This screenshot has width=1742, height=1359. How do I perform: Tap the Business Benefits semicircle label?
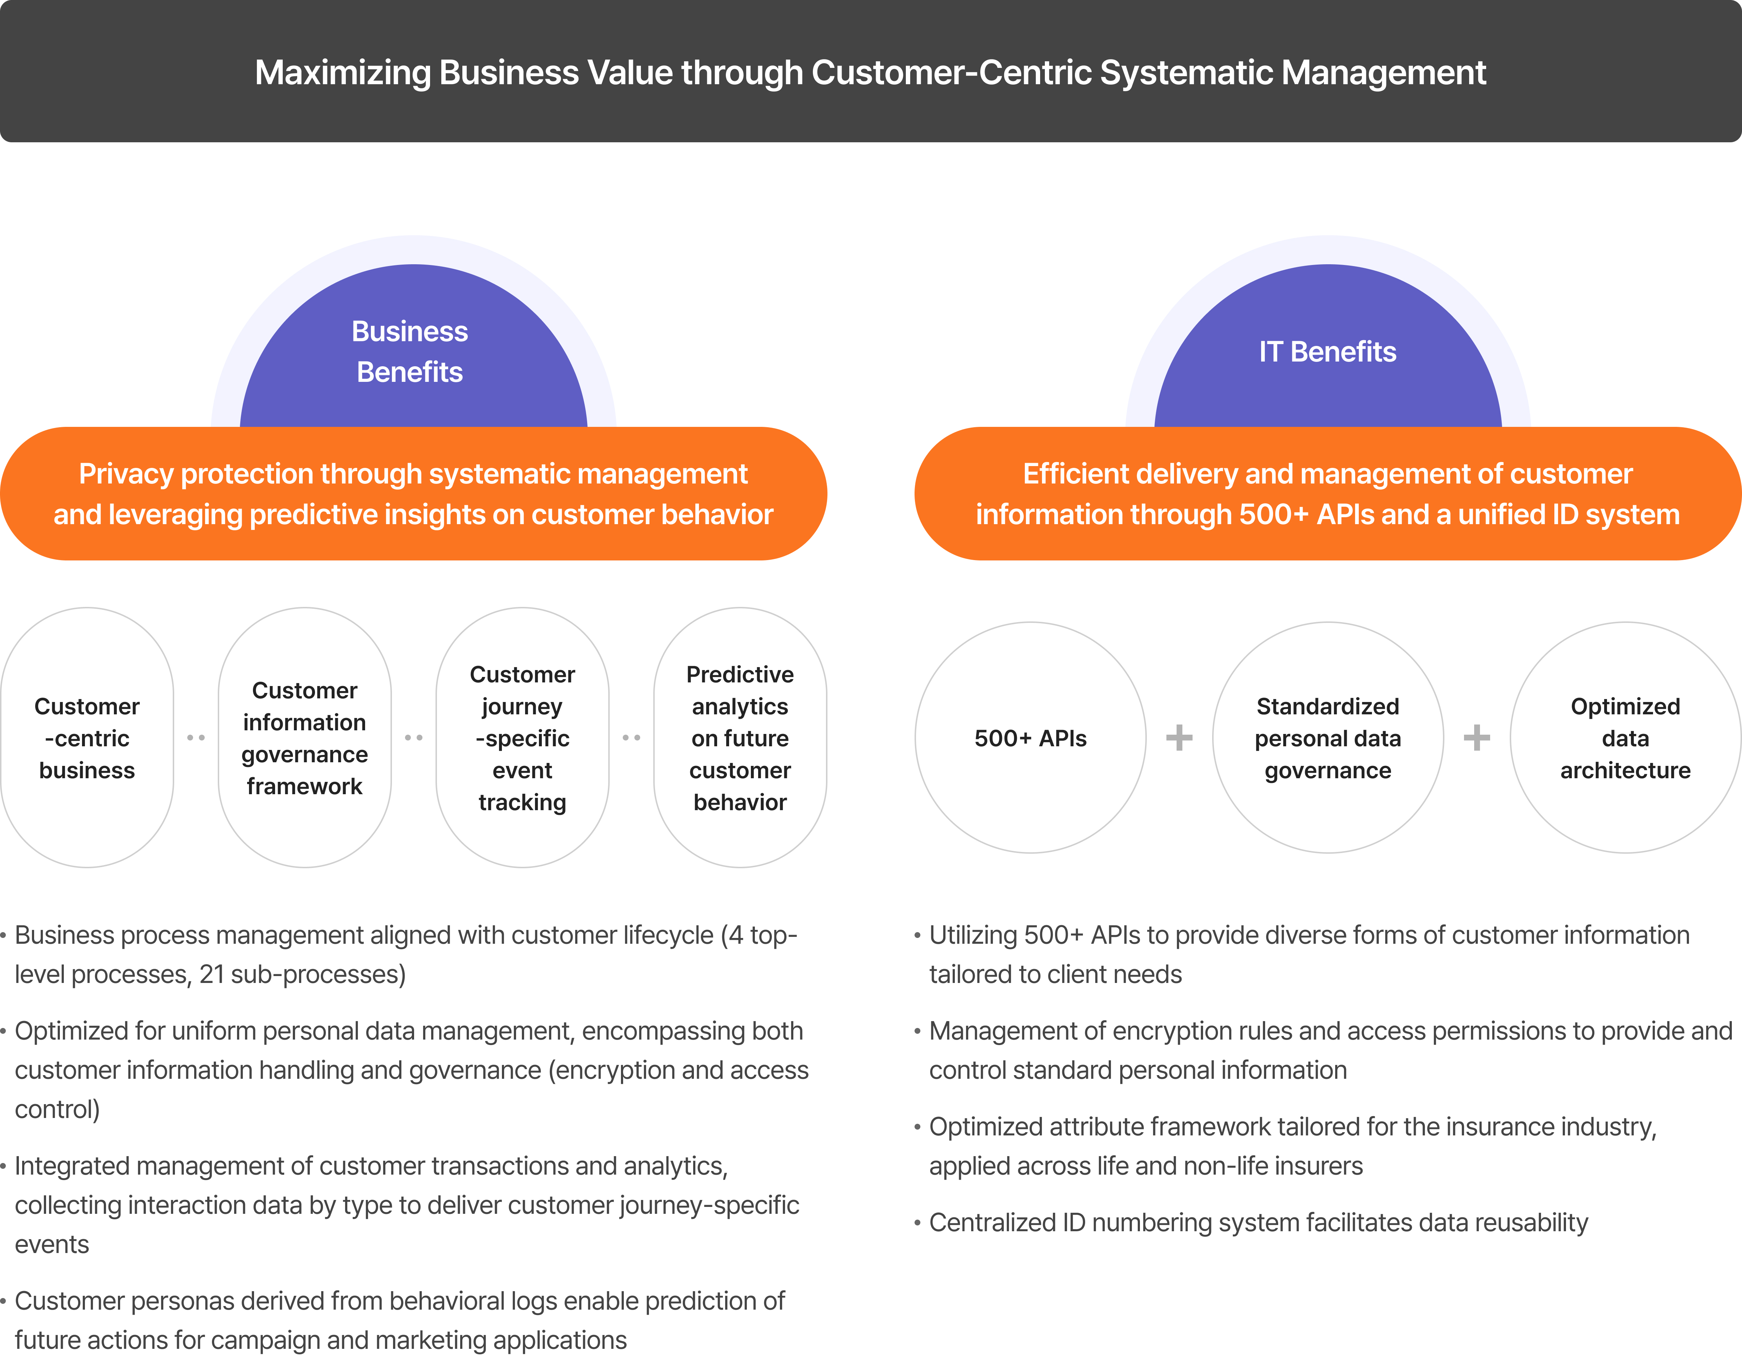pyautogui.click(x=410, y=352)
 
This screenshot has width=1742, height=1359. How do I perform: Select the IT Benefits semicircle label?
pyautogui.click(x=1327, y=352)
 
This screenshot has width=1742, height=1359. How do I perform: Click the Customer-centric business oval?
pyautogui.click(x=87, y=738)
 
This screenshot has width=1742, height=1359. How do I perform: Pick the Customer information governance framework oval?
pyautogui.click(x=305, y=738)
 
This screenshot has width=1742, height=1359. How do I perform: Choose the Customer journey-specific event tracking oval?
pyautogui.click(x=523, y=738)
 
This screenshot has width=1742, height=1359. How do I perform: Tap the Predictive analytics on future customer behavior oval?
pyautogui.click(x=740, y=738)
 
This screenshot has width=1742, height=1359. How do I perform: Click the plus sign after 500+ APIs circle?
pyautogui.click(x=1179, y=738)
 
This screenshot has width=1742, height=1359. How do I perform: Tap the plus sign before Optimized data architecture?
pyautogui.click(x=1476, y=738)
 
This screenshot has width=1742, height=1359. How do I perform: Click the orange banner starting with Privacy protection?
pyautogui.click(x=413, y=494)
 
